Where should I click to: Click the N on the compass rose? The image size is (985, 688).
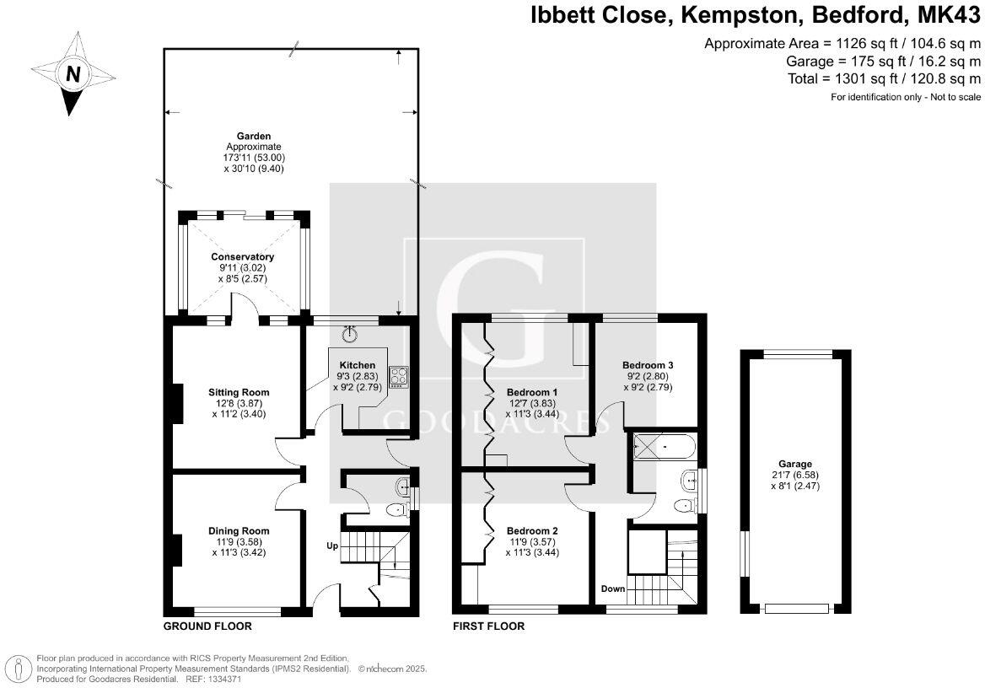73,74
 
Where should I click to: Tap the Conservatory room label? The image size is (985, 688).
242,256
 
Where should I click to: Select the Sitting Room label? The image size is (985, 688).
239,392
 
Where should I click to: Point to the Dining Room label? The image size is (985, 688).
239,530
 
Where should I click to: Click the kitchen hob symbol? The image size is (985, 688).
398,377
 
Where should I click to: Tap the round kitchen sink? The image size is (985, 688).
352,334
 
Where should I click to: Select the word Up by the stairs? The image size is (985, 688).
333,546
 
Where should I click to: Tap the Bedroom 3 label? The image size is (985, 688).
647,365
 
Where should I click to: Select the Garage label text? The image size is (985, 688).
794,464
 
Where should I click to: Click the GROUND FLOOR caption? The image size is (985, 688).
207,626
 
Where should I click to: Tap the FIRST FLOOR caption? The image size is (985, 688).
488,626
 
